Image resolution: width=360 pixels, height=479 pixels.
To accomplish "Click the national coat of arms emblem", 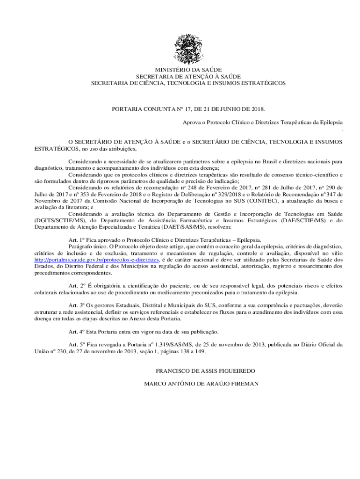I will pyautogui.click(x=188, y=47).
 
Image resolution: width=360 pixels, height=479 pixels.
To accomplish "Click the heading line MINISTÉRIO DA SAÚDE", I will pyautogui.click(x=188, y=70).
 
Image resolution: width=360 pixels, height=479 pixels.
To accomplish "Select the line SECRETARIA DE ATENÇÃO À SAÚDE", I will pyautogui.click(x=188, y=76).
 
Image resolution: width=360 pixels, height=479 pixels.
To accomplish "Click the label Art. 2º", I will pyautogui.click(x=76, y=285).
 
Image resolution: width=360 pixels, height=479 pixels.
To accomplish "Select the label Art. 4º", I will pyautogui.click(x=76, y=332).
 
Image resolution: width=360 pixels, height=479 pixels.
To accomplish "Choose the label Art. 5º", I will pyautogui.click(x=76, y=345).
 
